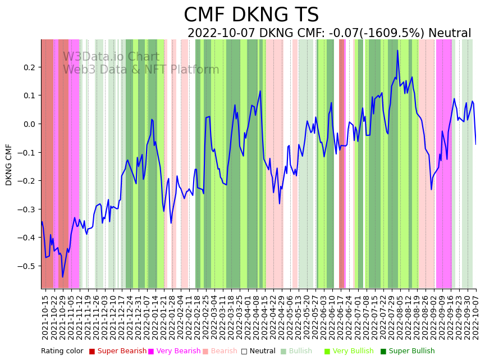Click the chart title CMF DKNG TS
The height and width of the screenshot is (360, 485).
coord(251,15)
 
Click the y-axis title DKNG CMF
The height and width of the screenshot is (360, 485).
coord(9,164)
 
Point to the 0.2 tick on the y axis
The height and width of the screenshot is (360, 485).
coord(29,67)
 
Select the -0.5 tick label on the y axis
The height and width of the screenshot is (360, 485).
coord(28,266)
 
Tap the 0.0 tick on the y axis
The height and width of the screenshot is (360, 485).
coord(29,124)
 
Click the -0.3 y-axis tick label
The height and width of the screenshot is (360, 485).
coord(28,209)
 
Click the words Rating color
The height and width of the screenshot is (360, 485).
coord(62,352)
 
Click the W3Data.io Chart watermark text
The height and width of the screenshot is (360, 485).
coord(111,57)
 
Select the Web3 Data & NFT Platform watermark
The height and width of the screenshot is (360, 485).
coord(141,70)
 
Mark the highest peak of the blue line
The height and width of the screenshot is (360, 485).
coord(397,50)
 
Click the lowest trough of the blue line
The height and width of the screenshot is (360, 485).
coord(62,277)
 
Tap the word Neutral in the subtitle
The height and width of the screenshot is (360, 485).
coord(450,33)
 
